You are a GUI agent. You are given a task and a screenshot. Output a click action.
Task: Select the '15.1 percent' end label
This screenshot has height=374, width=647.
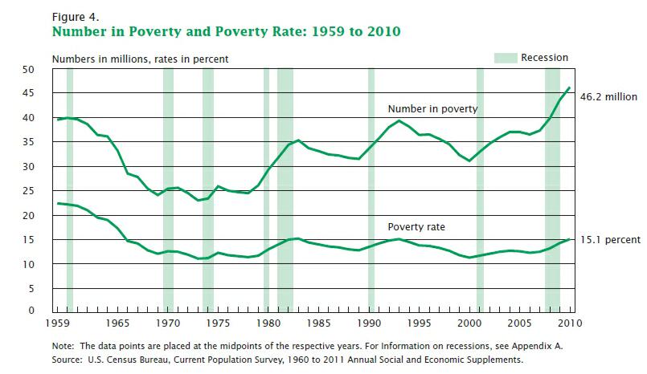coord(608,240)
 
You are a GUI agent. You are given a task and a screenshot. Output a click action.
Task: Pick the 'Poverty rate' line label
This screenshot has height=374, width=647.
coord(416,227)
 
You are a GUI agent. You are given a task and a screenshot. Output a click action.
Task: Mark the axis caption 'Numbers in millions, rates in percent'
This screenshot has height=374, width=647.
coord(141,59)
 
